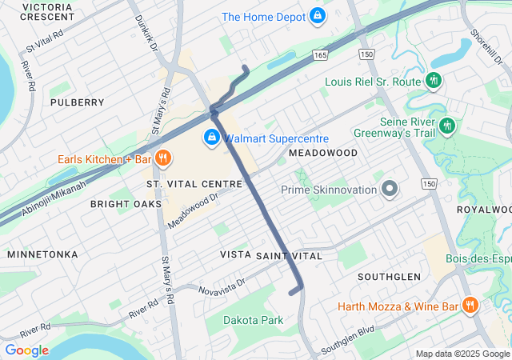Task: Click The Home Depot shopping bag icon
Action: (318, 16)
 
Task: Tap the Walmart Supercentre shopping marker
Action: (212, 138)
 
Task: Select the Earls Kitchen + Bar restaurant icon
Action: (162, 158)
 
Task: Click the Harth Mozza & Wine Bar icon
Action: (470, 306)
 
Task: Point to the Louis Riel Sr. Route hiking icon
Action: (434, 81)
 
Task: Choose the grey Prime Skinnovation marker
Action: (390, 190)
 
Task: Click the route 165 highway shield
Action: (320, 54)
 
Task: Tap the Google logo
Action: (26, 350)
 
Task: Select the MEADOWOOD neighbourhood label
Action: (322, 152)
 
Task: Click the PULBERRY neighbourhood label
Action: (77, 102)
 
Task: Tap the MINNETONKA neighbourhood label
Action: (42, 254)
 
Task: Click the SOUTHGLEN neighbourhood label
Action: (389, 276)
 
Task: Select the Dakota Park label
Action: (253, 320)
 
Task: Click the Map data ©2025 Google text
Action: (462, 354)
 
